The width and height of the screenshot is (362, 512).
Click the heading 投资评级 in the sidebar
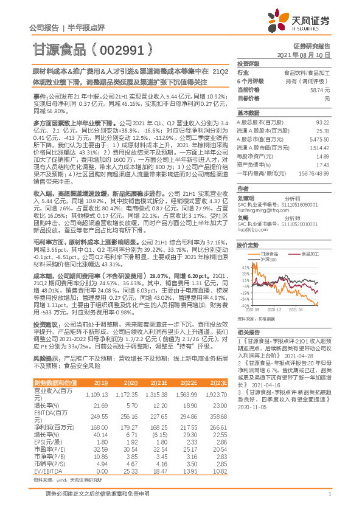pyautogui.click(x=248, y=63)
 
